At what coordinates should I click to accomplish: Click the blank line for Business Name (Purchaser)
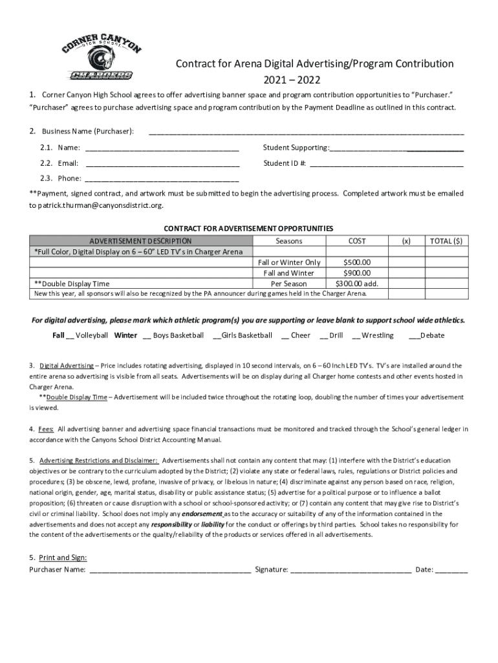tap(306, 133)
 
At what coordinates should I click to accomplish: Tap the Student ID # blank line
tap(386, 164)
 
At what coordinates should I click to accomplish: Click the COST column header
tap(357, 241)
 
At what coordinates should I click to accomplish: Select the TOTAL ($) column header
tap(446, 241)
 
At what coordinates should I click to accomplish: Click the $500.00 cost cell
tap(357, 262)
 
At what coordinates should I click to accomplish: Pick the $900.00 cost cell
tap(357, 273)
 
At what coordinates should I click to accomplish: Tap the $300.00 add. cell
tap(357, 284)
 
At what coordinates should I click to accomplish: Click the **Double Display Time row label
tap(72, 284)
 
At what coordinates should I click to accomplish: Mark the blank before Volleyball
tap(70, 336)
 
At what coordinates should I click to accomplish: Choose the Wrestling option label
tap(378, 335)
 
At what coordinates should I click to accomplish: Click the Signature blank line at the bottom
tap(351, 570)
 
